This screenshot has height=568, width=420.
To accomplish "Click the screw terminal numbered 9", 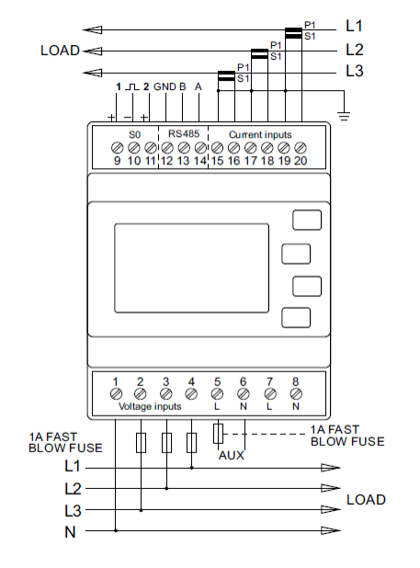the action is pos(117,148).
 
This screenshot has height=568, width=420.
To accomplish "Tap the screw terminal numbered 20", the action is pos(301,148).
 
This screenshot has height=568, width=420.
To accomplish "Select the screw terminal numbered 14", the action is pos(200,148).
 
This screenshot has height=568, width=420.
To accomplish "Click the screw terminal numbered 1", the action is pos(116,393).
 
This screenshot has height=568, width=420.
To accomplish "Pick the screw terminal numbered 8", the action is pos(296,393).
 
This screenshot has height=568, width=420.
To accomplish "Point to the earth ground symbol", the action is pos(344,116).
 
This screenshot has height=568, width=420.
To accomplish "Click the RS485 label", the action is pos(184,133).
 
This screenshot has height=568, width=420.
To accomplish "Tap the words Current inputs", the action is pos(260,135).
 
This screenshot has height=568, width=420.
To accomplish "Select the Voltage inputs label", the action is pos(150,406).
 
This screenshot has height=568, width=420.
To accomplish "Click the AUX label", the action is pos(232,455).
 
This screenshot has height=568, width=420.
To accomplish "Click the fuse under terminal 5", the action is pos(218,433).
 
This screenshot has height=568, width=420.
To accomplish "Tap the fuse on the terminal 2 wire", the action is pos(141,443).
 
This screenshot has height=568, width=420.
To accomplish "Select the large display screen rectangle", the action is pos(191,268).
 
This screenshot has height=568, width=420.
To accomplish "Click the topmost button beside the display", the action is pos(307,220).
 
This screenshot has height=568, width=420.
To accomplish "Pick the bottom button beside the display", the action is pos(296,318).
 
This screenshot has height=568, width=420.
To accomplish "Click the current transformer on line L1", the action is pos(293,33).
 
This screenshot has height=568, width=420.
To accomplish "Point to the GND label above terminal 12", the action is pos(165,87).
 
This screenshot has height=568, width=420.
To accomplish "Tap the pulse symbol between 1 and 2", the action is pos(132,87).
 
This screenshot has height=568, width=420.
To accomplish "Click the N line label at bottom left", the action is pos(70,532).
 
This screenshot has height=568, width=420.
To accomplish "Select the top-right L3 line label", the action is pos(355,71).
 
